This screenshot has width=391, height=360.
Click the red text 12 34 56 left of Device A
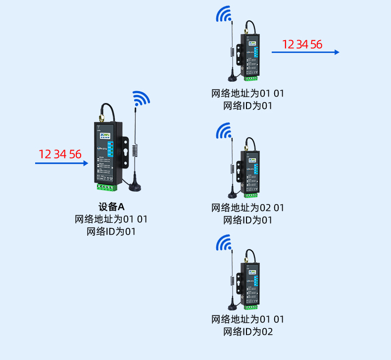[60, 154]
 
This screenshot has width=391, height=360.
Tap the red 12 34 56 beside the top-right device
[302, 45]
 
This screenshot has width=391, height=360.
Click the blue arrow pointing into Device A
[61, 162]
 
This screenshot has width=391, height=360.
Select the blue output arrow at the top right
[305, 52]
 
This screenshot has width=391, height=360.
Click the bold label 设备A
[111, 207]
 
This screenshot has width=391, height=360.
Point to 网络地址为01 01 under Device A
[111, 219]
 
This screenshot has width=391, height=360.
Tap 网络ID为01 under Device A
[111, 231]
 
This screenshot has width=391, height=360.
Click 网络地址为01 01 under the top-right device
[247, 93]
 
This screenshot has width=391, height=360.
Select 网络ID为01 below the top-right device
[247, 105]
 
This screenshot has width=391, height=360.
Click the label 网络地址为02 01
[247, 207]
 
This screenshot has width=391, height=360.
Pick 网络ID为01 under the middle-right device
[247, 220]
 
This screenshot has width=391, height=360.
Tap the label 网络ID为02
[247, 332]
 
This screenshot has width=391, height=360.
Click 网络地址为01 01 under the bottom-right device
[247, 319]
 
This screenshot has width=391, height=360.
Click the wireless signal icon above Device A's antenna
[141, 99]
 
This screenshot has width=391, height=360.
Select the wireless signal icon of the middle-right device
[224, 131]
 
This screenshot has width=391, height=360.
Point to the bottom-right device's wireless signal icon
[224, 243]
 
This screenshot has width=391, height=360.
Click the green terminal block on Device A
[107, 187]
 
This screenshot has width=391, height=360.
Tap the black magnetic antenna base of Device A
[135, 186]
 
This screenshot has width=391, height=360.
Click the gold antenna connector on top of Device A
[100, 119]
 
